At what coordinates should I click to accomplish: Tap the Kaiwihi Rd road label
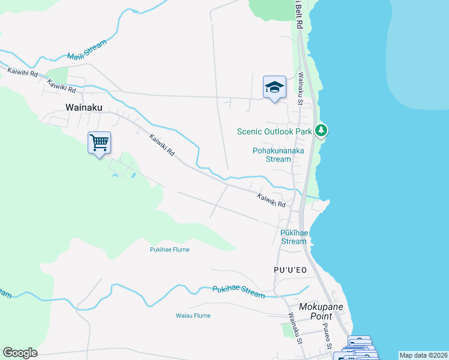(x=23, y=72)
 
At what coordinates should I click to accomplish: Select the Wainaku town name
(x=84, y=107)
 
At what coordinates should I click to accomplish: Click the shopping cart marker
(x=99, y=143)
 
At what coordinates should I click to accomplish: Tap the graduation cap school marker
(x=274, y=87)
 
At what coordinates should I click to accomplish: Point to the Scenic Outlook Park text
(x=275, y=131)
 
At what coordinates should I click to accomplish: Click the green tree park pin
(x=321, y=130)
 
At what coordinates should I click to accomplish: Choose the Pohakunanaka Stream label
(x=278, y=155)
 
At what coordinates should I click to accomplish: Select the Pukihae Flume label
(x=170, y=250)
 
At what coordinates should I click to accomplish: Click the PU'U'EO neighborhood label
(x=290, y=270)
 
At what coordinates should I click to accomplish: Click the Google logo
(x=20, y=353)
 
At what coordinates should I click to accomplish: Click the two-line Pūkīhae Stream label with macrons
(x=294, y=237)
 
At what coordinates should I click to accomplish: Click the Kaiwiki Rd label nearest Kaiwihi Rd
(x=63, y=86)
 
